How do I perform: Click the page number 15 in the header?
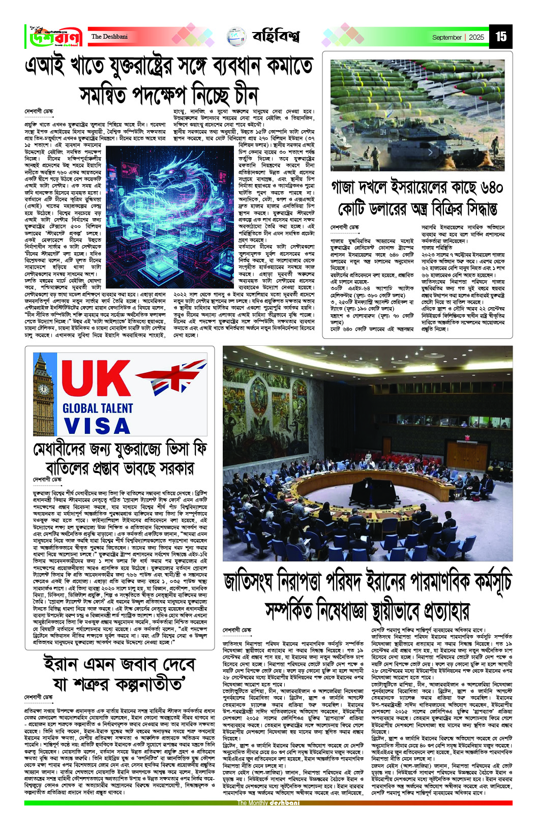pos(501,37)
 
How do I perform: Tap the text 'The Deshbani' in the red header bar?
pos(109,37)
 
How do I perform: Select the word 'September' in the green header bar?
pos(446,37)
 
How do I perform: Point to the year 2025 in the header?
pos(476,37)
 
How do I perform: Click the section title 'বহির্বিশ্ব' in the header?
pos(276,37)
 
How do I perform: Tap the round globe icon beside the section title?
pos(236,37)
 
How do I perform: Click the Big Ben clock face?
pos(44,390)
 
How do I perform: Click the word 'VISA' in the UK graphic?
pos(97,426)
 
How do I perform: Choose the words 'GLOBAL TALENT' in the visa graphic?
pos(97,408)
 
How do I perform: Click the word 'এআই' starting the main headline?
pos(46,66)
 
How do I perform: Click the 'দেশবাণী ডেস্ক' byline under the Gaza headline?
pos(344,227)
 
